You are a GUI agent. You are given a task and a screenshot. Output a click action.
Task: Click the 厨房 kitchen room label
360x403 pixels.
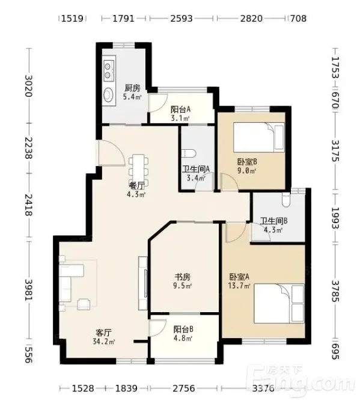coord(132,88)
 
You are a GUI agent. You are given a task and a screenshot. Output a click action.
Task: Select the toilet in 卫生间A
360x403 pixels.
coord(189,154)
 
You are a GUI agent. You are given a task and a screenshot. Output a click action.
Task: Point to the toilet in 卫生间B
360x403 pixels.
coord(285,200)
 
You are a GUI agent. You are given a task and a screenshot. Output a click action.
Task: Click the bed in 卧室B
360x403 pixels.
coord(259,138)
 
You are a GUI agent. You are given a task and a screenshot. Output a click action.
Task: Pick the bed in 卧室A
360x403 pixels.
coord(279,303)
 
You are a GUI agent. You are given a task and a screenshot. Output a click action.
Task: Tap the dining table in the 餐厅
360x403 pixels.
coord(139,168)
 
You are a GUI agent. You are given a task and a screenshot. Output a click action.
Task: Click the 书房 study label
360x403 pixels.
coord(183,277)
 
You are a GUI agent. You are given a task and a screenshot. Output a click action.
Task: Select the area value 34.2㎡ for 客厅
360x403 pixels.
coord(104,342)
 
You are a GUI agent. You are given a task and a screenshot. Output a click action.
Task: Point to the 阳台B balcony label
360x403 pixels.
coord(183,329)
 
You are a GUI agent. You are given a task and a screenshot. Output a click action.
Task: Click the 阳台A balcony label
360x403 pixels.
coord(181,109)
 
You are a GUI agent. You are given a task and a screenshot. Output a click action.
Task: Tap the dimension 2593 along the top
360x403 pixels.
coord(182,19)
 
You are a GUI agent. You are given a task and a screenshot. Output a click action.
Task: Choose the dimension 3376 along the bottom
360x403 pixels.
coord(263,388)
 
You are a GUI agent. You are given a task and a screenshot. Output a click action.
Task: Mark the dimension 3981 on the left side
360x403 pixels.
coord(28,290)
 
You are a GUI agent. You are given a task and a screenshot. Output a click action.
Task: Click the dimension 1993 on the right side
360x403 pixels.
coord(335,218)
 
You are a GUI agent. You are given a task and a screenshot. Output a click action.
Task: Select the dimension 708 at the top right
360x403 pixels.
coord(298,19)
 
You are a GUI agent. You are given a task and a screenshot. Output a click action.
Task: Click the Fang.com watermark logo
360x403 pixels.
coord(300,378)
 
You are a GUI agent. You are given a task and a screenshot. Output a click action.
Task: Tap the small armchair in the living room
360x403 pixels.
coord(84,304)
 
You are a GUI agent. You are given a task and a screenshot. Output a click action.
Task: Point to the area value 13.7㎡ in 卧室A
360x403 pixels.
coord(239,286)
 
